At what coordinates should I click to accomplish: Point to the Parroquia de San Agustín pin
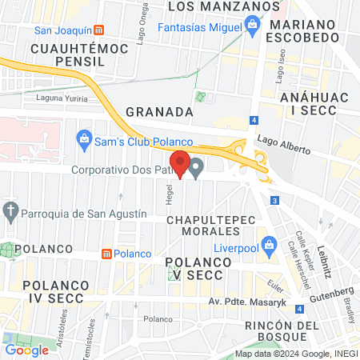(10, 213)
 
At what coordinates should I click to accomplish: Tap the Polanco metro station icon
(106, 254)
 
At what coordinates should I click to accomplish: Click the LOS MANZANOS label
(218, 6)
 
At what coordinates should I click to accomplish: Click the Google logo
(26, 350)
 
